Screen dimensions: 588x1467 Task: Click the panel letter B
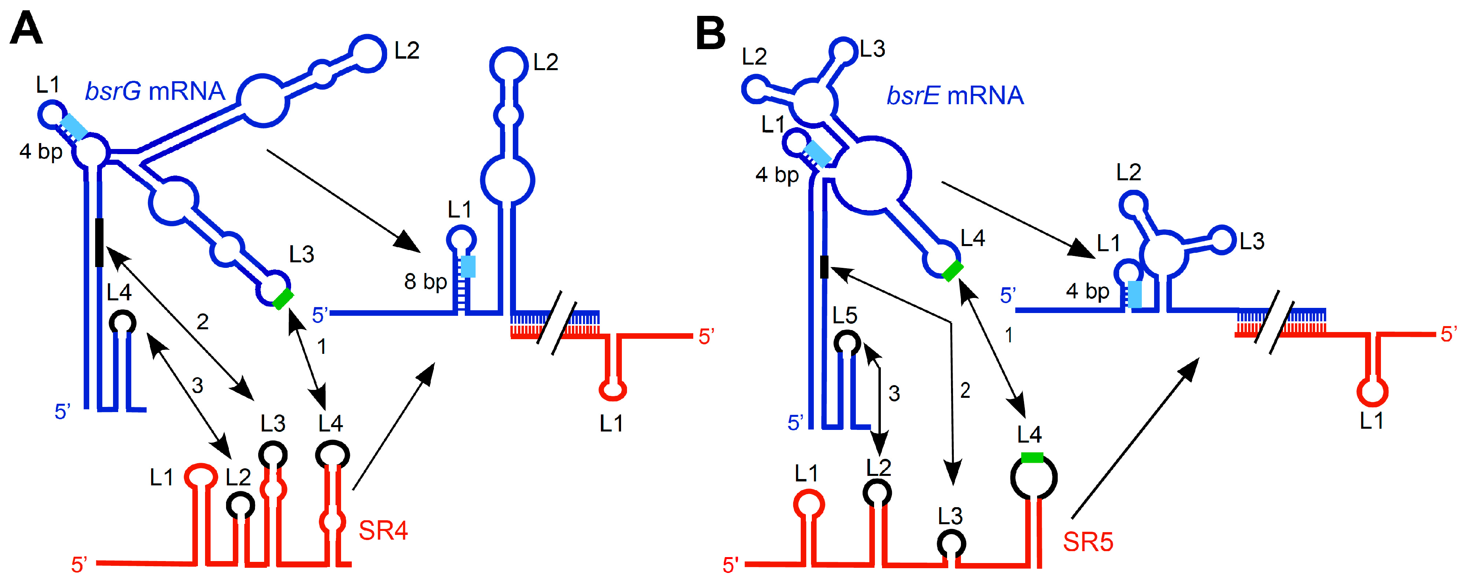710,33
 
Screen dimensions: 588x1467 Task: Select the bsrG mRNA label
155,91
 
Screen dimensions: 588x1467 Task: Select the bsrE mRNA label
955,95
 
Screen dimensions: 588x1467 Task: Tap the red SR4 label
383,531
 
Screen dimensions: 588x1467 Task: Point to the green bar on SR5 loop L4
1032,458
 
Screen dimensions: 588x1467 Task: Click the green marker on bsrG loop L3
282,299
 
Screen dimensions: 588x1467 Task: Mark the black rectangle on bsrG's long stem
100,242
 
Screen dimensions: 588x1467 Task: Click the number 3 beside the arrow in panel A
198,386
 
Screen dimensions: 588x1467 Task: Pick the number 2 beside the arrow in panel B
965,391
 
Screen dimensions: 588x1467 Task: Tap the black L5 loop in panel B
847,343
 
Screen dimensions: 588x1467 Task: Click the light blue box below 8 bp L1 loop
468,266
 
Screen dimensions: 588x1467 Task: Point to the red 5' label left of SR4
79,565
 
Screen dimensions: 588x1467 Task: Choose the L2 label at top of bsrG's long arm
407,51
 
